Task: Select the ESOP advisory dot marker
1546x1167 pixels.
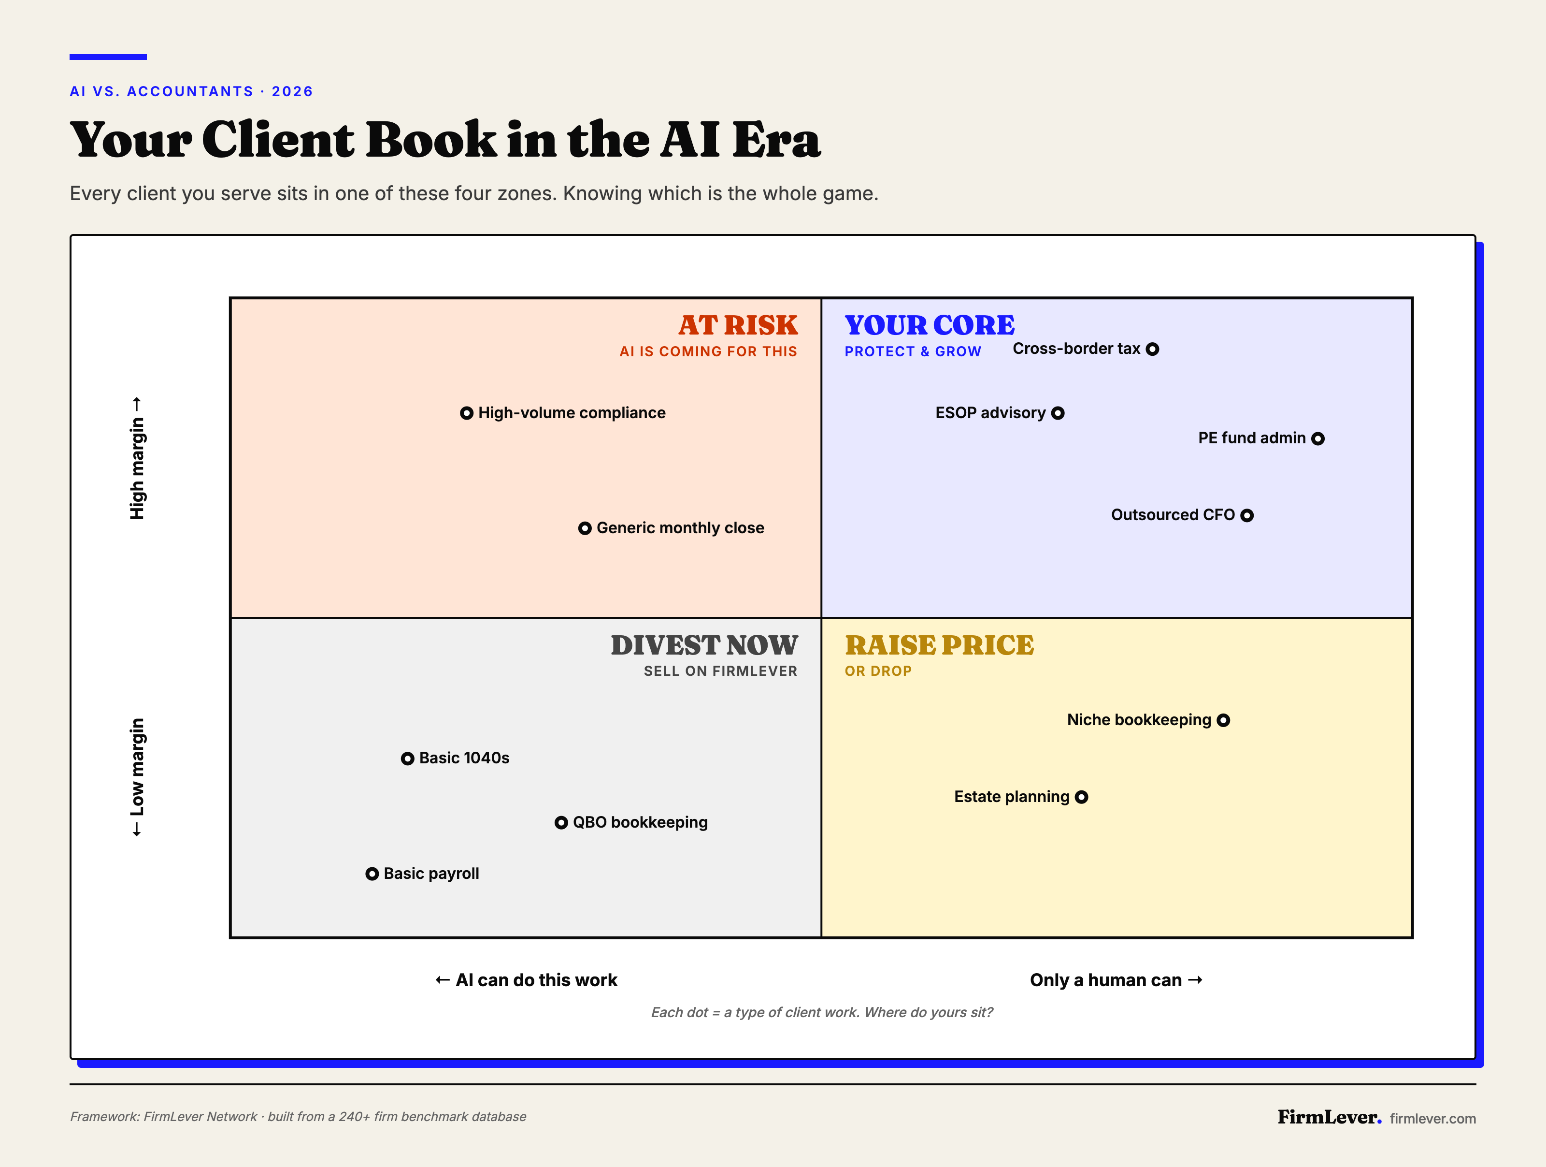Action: (1058, 413)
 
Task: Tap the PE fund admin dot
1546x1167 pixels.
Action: (1317, 438)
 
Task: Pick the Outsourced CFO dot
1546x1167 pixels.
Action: (1247, 515)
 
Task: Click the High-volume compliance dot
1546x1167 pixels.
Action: (466, 413)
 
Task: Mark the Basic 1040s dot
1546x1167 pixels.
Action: (407, 759)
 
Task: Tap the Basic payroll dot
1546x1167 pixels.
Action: (372, 874)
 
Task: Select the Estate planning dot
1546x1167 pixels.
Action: (1081, 797)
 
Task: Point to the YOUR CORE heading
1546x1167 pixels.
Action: (930, 325)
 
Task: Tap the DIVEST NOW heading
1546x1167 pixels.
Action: (704, 645)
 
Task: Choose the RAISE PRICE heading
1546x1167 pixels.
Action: (939, 645)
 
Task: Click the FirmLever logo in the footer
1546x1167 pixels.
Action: (1329, 1117)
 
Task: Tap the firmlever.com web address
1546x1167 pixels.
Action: (1433, 1118)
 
